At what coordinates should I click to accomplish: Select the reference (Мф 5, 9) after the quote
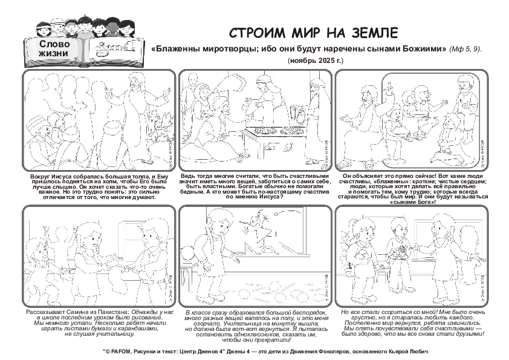(x=465, y=48)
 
